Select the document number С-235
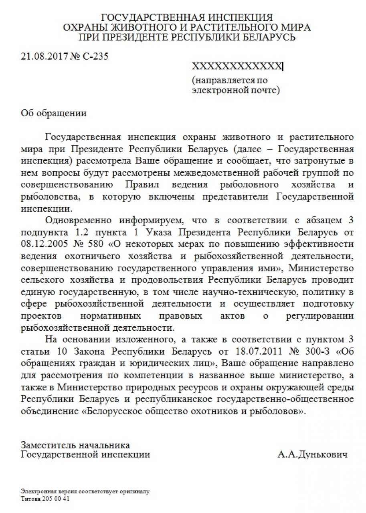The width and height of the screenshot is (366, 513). pos(96,57)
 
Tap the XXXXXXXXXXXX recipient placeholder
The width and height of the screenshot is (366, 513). pos(237,66)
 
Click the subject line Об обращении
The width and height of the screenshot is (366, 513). pos(54,113)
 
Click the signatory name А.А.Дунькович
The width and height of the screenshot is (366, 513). pos(312,454)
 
